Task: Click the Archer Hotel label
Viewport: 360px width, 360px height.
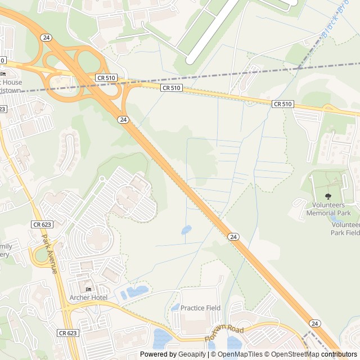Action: pyautogui.click(x=88, y=297)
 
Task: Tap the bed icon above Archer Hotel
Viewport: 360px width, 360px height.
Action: pyautogui.click(x=88, y=289)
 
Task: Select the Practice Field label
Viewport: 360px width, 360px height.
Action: pyautogui.click(x=200, y=308)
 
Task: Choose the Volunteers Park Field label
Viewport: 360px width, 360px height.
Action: pyautogui.click(x=344, y=228)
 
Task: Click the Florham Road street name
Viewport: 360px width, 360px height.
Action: pyautogui.click(x=225, y=332)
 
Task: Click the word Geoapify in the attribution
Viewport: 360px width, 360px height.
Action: pyautogui.click(x=192, y=354)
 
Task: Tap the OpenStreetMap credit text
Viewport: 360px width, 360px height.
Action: pyautogui.click(x=295, y=354)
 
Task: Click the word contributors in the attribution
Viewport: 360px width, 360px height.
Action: pyautogui.click(x=339, y=354)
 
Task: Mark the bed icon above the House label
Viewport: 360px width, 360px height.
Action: pyautogui.click(x=3, y=74)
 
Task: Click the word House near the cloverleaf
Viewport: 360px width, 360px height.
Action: pyautogui.click(x=12, y=82)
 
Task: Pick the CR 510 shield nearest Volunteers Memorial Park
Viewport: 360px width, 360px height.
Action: pyautogui.click(x=283, y=104)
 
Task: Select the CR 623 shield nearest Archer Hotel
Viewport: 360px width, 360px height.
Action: pyautogui.click(x=67, y=333)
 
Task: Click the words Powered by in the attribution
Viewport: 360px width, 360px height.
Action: pyautogui.click(x=158, y=354)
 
